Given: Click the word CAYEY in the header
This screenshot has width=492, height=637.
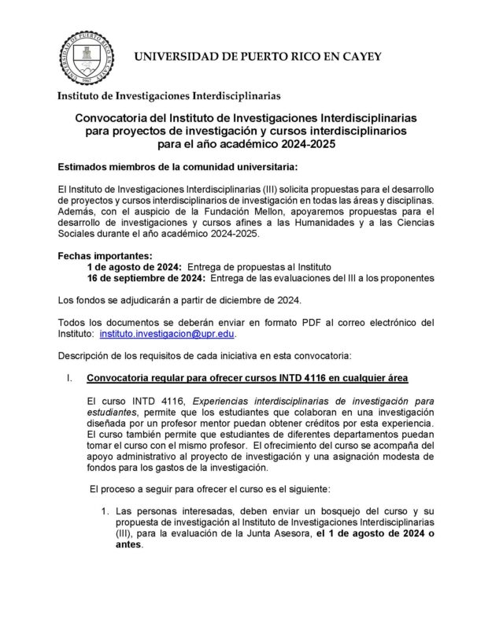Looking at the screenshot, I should pos(357,57).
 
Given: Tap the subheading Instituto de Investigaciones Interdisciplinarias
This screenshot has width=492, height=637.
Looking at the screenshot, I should pos(168,96).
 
